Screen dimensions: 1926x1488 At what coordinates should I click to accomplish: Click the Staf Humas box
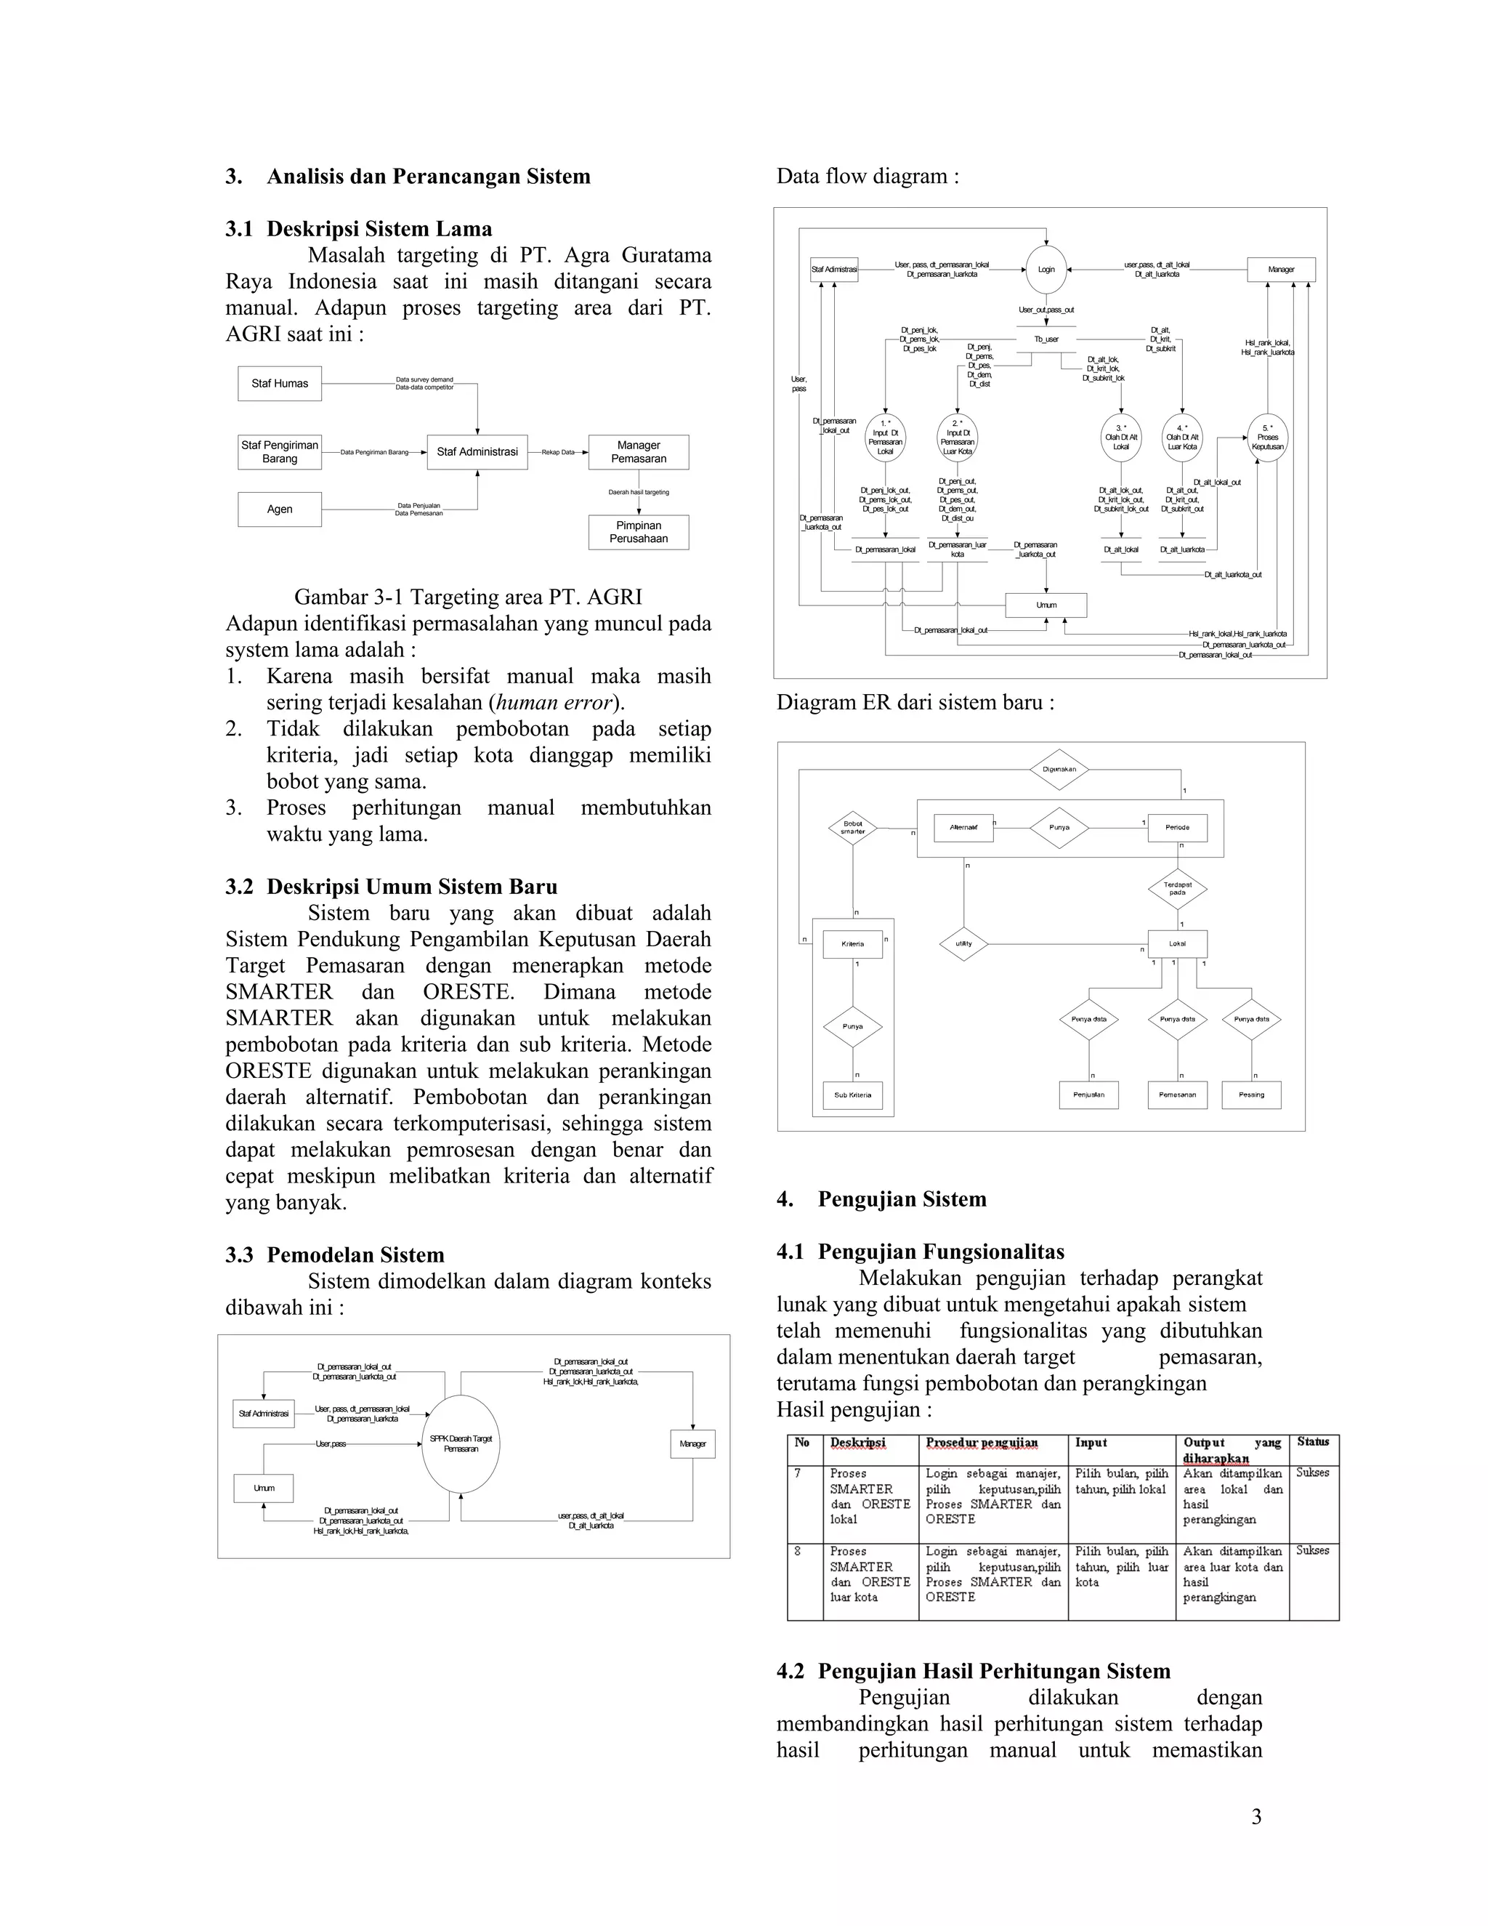click(x=280, y=384)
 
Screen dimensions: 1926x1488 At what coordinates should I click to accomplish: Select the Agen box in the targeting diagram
click(x=280, y=509)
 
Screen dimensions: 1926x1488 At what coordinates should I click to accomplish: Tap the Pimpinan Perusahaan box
click(x=638, y=532)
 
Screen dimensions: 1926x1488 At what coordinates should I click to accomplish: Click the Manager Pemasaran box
click(x=638, y=451)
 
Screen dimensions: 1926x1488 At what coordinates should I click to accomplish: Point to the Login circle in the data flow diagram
click(x=1046, y=269)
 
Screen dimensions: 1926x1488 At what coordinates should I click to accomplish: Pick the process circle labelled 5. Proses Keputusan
click(x=1268, y=438)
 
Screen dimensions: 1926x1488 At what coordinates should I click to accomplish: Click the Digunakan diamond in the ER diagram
click(x=1059, y=769)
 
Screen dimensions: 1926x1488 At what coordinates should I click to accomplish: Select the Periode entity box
click(x=1177, y=827)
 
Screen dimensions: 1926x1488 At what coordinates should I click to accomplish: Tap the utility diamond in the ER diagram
click(x=963, y=943)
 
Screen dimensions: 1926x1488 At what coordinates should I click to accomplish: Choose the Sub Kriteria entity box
click(x=852, y=1095)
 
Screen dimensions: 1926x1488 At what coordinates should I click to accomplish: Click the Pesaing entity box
click(x=1251, y=1095)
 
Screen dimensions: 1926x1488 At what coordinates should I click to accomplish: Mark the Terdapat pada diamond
click(x=1177, y=888)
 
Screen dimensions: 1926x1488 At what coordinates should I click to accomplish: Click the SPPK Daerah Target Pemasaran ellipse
click(x=461, y=1443)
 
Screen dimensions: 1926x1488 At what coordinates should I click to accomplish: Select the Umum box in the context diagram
click(x=264, y=1488)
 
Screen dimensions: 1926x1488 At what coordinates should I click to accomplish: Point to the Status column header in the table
click(x=1313, y=1442)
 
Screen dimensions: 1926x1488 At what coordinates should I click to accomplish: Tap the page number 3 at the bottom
click(x=1256, y=1817)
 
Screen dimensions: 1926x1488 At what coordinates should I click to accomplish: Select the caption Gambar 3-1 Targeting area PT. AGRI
click(x=468, y=597)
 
